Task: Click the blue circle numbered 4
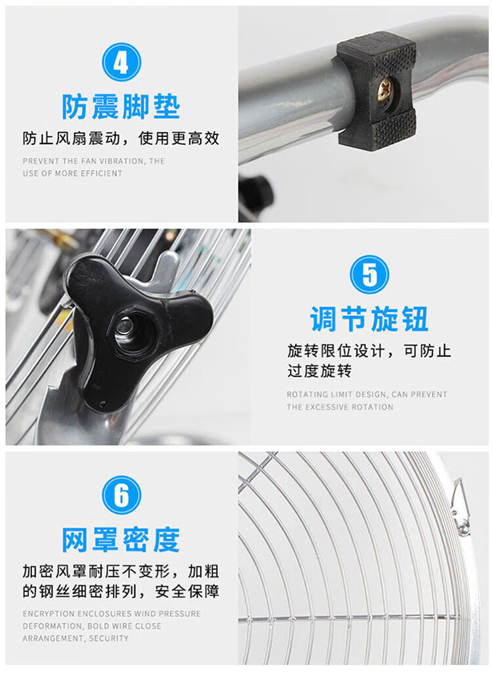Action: click(x=121, y=62)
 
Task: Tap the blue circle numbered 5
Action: click(x=369, y=274)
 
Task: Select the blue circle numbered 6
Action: click(x=121, y=494)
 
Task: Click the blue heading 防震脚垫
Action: click(x=121, y=106)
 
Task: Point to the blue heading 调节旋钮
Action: click(x=369, y=319)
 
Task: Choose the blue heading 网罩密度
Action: click(x=121, y=540)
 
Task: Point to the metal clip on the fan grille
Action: click(x=460, y=507)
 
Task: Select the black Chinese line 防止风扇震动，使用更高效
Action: click(x=121, y=139)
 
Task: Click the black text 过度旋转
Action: click(x=319, y=371)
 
